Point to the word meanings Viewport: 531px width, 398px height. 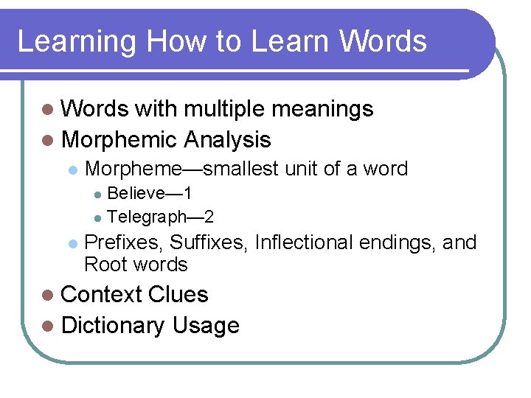(x=323, y=109)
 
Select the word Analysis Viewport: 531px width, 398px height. (x=228, y=139)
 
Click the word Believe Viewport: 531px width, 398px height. (x=136, y=194)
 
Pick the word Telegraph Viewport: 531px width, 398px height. (x=145, y=217)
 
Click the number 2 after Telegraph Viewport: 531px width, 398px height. (x=209, y=217)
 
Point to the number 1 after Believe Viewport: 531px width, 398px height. (x=188, y=194)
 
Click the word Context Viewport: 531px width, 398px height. (x=102, y=295)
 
